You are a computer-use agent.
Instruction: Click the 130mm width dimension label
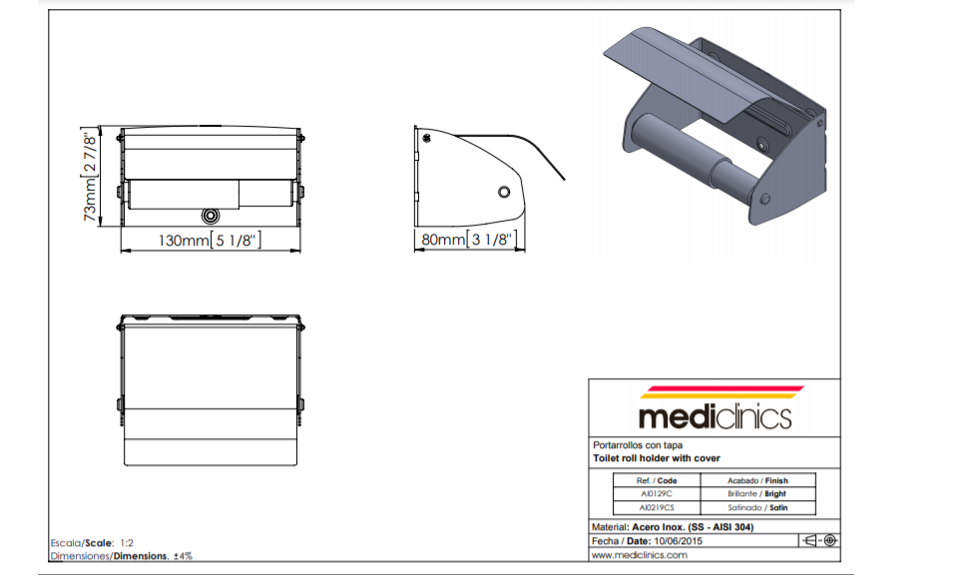coord(210,241)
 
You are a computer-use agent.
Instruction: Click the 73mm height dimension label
coord(90,176)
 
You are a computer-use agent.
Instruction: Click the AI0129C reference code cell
coord(657,494)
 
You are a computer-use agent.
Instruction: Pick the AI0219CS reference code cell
coord(657,507)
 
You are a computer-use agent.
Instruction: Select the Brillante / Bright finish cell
coord(757,494)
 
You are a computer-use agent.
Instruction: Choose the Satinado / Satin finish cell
coord(757,507)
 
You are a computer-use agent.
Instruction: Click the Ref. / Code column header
coord(657,480)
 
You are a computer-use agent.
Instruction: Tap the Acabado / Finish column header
coord(757,480)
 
